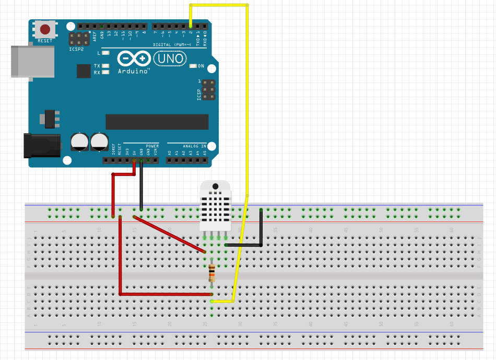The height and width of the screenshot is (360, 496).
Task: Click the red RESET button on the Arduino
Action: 45,30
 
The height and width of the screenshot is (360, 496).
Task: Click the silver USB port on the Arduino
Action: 31,62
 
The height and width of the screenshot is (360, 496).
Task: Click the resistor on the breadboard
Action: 211,272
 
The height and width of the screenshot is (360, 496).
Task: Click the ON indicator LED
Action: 193,66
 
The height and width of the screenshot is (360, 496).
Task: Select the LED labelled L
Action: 106,53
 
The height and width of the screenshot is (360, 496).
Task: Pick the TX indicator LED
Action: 106,66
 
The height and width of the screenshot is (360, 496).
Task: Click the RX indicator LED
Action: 106,73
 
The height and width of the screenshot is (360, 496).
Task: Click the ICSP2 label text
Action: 76,50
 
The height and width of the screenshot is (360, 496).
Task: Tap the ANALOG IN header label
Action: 194,146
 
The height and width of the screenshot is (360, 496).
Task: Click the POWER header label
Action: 152,146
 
